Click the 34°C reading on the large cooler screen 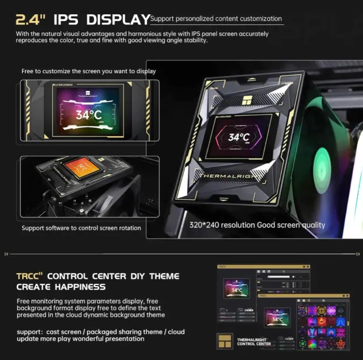(239, 137)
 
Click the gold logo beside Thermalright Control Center (226, 342)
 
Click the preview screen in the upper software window (236, 287)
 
